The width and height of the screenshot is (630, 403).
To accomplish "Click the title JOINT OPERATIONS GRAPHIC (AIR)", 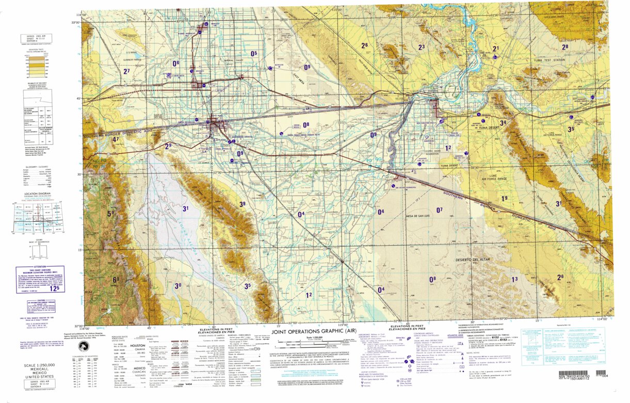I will point(314,332).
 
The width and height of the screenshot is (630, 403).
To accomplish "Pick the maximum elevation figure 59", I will point(110,213).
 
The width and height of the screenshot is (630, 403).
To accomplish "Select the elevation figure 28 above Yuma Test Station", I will point(565,47).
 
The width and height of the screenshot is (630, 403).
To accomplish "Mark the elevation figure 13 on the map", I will point(514,279).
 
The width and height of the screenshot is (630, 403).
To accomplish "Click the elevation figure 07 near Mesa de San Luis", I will point(440,210).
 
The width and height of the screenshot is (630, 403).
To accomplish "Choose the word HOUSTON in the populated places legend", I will point(137,346).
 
